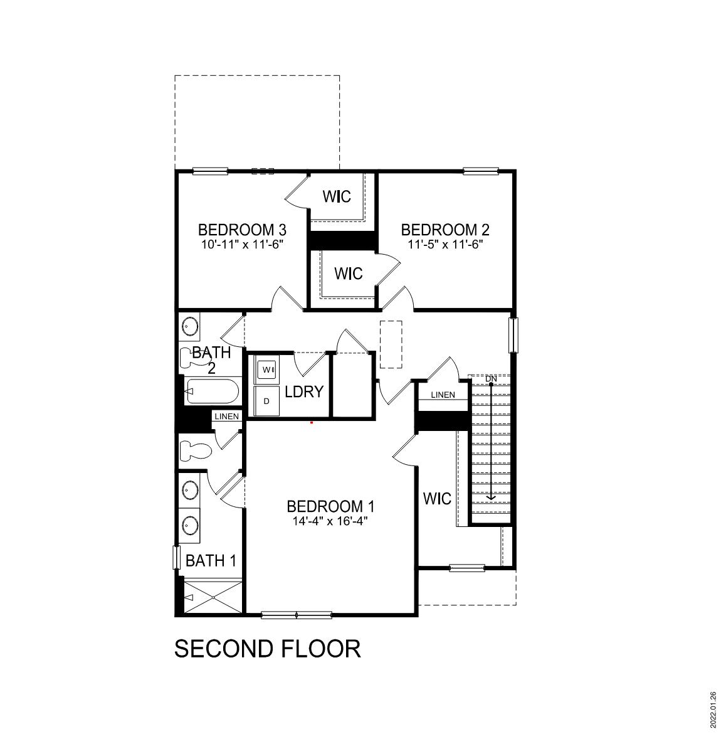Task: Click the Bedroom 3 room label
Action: coord(242,230)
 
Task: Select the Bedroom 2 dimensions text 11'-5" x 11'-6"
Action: coord(445,245)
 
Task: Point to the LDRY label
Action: coord(304,392)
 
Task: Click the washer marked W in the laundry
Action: coord(266,370)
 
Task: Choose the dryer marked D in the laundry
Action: coord(266,401)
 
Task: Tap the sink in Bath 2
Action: coord(190,326)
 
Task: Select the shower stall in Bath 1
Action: coord(213,597)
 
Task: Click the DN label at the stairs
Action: coord(491,379)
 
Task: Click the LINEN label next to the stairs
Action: coord(443,395)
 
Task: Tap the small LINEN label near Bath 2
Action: coord(226,417)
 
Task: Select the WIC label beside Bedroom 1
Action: coord(437,499)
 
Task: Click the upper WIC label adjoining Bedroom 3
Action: coord(337,196)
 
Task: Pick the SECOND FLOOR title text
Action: coord(267,649)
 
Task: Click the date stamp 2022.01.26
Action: coord(713,709)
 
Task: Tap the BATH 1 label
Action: coord(211,561)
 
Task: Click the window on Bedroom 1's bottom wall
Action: coord(296,615)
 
